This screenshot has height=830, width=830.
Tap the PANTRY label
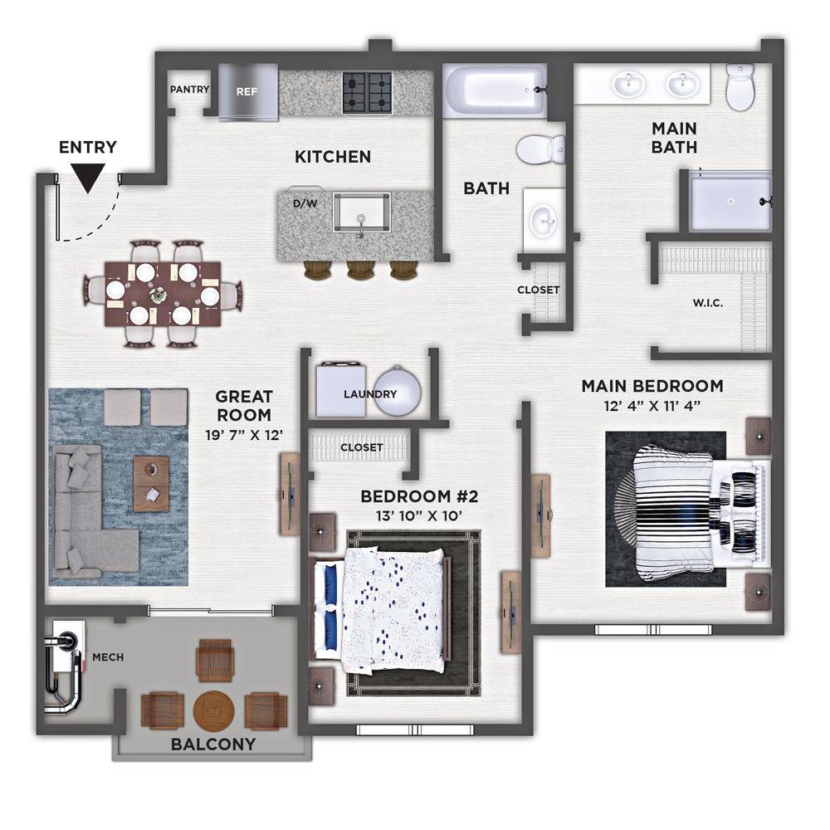pyautogui.click(x=189, y=90)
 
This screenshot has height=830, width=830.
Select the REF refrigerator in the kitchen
pyautogui.click(x=248, y=92)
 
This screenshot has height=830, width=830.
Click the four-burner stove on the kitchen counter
pyautogui.click(x=368, y=93)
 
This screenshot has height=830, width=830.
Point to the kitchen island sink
pyautogui.click(x=362, y=212)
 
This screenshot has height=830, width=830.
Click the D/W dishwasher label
pyautogui.click(x=305, y=203)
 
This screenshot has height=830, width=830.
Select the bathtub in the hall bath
pyautogui.click(x=495, y=90)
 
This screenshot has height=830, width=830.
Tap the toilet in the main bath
pyautogui.click(x=740, y=87)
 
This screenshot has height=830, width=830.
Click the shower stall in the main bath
pyautogui.click(x=730, y=201)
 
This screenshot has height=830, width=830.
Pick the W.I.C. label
pyautogui.click(x=708, y=303)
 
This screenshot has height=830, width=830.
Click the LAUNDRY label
pyautogui.click(x=370, y=393)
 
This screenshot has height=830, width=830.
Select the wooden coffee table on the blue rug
pyautogui.click(x=151, y=484)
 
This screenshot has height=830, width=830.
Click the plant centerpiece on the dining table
pyautogui.click(x=159, y=295)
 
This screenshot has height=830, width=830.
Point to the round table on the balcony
pyautogui.click(x=214, y=711)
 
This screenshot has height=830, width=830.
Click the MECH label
pyautogui.click(x=108, y=657)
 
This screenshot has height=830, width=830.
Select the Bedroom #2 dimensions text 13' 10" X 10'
pyautogui.click(x=419, y=515)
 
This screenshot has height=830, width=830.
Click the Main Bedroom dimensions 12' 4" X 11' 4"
pyautogui.click(x=652, y=406)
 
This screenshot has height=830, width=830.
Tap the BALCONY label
pyautogui.click(x=213, y=745)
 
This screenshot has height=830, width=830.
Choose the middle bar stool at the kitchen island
pyautogui.click(x=361, y=270)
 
